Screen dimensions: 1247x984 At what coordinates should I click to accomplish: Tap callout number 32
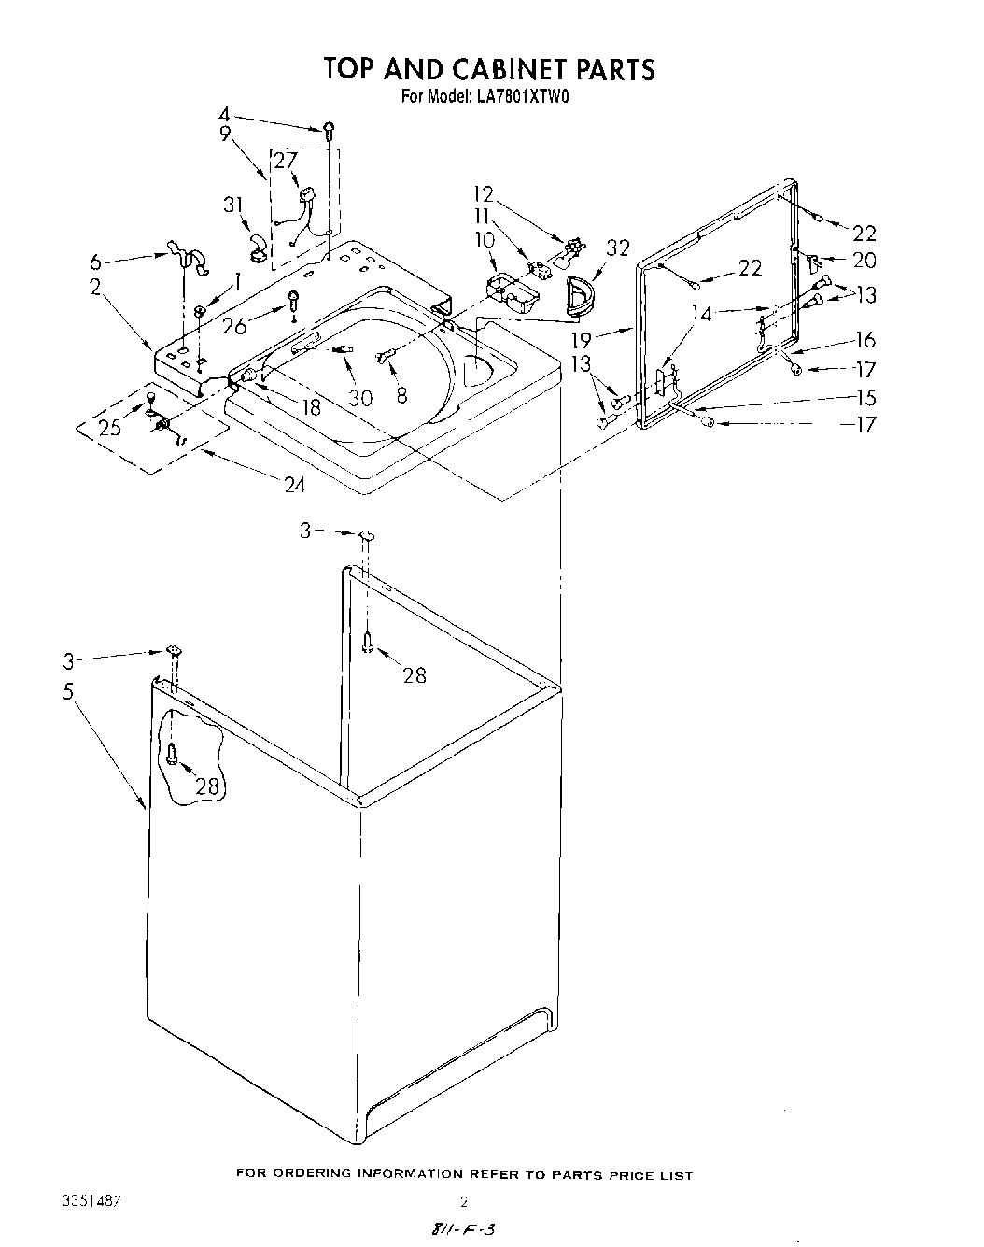click(x=618, y=248)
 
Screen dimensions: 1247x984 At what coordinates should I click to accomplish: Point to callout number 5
click(x=67, y=695)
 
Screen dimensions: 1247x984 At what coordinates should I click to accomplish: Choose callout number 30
click(x=359, y=398)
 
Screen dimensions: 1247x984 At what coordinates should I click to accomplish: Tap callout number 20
click(x=865, y=261)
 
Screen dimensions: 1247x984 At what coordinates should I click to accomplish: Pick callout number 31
click(x=232, y=205)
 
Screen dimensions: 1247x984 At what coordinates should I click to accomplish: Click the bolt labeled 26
click(x=293, y=303)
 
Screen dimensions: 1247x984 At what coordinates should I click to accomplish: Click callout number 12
click(x=483, y=194)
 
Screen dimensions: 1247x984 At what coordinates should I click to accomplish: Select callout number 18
click(x=310, y=406)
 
